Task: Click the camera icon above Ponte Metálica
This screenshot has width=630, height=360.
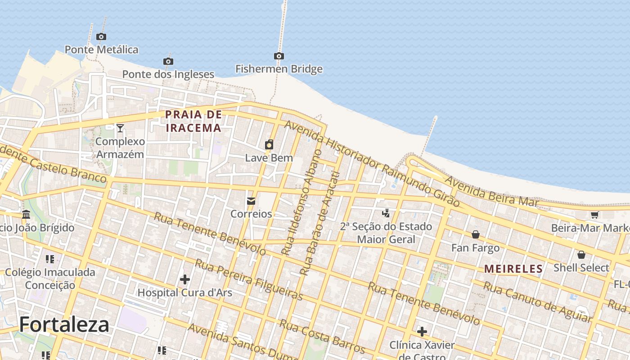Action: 101,37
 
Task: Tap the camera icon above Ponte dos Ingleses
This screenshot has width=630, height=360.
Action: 168,61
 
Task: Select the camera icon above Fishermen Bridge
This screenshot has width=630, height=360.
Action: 279,56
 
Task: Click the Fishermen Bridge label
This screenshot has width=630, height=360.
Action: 279,69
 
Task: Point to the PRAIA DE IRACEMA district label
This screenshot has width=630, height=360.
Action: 194,121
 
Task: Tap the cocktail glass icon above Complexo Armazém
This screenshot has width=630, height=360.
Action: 120,128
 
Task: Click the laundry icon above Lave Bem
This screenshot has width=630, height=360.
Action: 269,144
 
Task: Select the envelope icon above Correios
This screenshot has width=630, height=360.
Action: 251,201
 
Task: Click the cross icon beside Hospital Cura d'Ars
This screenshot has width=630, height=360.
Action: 185,279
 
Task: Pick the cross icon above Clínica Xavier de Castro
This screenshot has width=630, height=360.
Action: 422,332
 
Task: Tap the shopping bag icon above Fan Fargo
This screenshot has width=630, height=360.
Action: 476,234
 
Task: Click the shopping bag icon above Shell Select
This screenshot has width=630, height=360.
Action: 581,255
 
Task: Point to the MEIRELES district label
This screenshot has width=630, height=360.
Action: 513,269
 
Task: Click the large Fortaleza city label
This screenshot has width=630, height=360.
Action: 64,324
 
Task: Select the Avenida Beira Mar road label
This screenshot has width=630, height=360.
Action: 491,191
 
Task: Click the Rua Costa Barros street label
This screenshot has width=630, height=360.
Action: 322,336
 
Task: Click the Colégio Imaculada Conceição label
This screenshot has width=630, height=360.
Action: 50,279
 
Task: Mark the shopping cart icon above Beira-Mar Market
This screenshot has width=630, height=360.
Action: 594,215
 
